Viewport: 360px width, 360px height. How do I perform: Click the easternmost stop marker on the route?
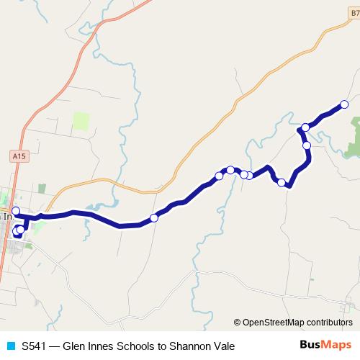[x=344, y=104]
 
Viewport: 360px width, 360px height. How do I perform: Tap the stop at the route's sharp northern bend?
[x=305, y=127]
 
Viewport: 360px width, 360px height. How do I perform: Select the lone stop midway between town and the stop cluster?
[x=153, y=217]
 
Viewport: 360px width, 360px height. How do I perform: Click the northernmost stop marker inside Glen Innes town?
[x=16, y=210]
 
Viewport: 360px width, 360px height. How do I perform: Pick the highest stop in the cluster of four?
[x=230, y=170]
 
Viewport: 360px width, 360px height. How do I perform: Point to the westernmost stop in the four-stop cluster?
[x=219, y=176]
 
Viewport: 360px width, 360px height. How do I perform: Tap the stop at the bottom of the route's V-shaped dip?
[x=282, y=182]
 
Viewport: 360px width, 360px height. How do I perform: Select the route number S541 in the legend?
[x=35, y=346]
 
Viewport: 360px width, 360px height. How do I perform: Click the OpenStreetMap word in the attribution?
[x=276, y=323]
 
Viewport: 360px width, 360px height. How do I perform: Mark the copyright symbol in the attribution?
[x=238, y=323]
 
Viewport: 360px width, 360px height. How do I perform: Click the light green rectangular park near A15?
[x=80, y=120]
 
